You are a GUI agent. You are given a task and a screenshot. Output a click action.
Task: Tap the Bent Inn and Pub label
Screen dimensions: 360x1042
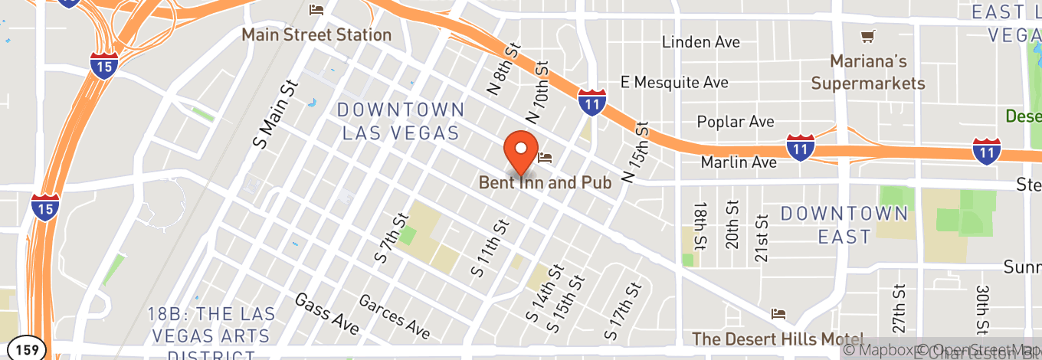click(545, 183)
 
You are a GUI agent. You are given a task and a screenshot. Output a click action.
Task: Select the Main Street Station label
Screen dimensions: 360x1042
click(316, 34)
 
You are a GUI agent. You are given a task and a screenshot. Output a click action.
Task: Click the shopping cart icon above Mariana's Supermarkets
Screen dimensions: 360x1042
click(867, 36)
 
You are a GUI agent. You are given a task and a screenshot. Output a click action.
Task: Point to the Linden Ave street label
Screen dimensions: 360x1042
click(701, 42)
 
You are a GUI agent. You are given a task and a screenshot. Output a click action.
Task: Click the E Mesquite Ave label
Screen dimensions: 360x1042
click(674, 81)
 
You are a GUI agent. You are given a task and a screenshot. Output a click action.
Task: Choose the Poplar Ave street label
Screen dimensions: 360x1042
click(736, 122)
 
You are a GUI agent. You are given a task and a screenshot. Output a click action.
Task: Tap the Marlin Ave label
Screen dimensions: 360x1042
click(739, 162)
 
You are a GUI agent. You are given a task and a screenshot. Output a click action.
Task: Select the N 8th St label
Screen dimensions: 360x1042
click(503, 69)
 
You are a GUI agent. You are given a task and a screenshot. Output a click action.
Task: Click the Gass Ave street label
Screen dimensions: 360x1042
click(326, 313)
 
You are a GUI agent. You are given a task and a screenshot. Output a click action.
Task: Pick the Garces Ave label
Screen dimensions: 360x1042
click(394, 316)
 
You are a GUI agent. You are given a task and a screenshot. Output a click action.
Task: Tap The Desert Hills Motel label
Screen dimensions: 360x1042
click(778, 338)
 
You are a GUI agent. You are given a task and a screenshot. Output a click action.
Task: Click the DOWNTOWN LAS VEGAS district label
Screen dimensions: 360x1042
click(401, 121)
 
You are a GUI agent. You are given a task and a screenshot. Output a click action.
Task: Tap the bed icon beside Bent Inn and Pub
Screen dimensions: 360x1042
click(545, 158)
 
